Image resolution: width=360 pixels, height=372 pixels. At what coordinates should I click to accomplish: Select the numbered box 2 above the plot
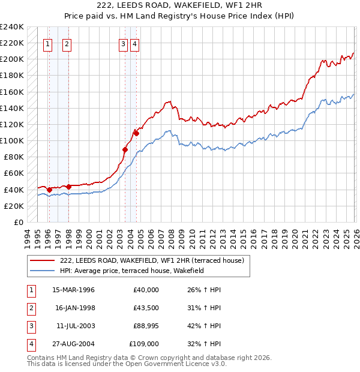point(67,43)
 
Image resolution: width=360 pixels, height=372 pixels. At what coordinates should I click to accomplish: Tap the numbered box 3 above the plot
point(123,43)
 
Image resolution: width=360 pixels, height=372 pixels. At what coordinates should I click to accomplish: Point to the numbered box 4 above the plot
point(134,43)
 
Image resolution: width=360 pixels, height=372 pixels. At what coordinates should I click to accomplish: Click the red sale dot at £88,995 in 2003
point(125,149)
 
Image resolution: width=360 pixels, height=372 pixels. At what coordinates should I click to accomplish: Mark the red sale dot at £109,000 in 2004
point(137,133)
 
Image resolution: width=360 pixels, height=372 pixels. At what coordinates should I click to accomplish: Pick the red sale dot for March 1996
point(49,190)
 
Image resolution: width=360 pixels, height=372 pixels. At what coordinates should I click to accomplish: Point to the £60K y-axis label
point(13,173)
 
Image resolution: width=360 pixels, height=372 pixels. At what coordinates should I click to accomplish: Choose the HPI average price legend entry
point(132,271)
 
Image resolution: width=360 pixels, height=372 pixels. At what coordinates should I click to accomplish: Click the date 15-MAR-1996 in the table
point(73,290)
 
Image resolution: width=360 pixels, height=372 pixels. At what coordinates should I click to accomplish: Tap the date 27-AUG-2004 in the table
point(73,344)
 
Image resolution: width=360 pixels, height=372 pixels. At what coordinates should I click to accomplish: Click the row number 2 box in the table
point(30,308)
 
